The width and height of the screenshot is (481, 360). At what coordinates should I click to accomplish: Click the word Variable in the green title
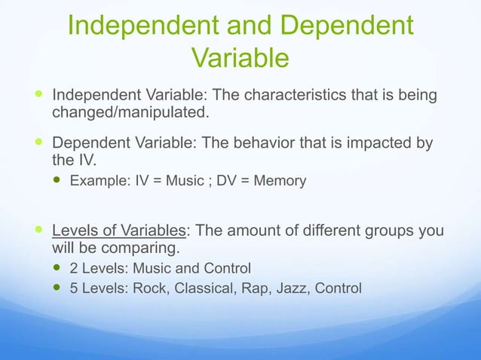240,57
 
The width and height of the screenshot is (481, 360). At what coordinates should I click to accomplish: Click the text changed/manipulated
128,113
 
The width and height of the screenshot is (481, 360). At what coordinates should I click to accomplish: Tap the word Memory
280,181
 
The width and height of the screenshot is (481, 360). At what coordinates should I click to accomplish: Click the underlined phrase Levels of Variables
118,230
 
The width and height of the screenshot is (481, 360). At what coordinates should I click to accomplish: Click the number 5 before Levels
74,288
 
